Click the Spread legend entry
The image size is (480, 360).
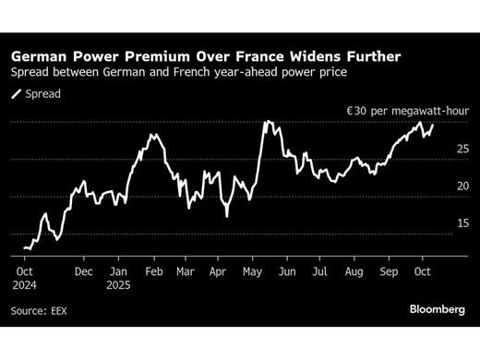click(x=38, y=94)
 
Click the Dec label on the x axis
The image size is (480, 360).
click(x=84, y=273)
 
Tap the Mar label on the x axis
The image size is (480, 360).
click(x=185, y=273)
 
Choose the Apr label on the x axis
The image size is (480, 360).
click(x=218, y=273)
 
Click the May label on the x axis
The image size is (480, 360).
click(x=252, y=273)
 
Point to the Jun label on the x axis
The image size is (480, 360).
click(x=287, y=273)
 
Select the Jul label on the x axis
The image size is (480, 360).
click(x=319, y=273)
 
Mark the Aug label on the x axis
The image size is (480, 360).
click(x=354, y=273)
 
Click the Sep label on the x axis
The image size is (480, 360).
click(x=388, y=273)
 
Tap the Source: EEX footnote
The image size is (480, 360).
click(x=40, y=311)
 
